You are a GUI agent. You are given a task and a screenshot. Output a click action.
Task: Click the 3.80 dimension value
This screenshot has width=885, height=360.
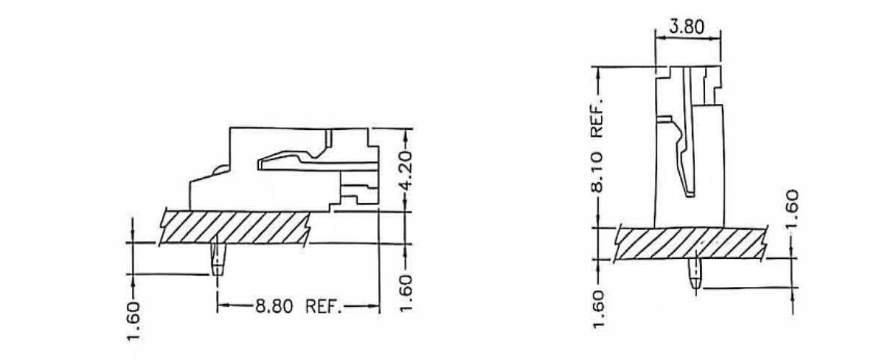coord(687,27)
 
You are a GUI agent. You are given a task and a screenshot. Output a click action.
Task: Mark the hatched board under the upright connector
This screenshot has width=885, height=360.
coord(690,243)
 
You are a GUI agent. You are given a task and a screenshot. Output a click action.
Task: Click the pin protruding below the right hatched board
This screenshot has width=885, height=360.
coord(695,274)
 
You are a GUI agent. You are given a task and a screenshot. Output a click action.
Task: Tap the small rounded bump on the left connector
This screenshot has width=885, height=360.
coord(220,173)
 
